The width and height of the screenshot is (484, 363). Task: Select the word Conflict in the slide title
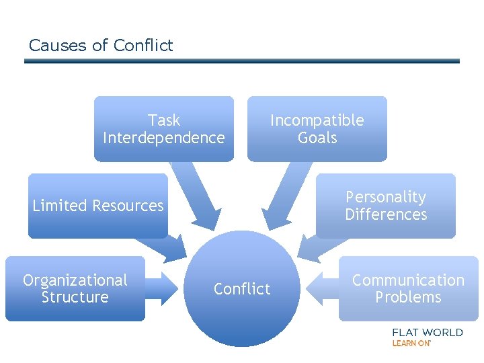(143, 46)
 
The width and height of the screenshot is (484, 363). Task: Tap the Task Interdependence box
(163, 128)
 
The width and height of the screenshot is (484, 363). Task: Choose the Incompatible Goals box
(317, 128)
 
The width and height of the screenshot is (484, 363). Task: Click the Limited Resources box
(97, 206)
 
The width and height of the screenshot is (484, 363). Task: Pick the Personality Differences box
(386, 206)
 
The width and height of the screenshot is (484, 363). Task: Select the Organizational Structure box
(75, 288)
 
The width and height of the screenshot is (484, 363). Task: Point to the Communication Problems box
(408, 288)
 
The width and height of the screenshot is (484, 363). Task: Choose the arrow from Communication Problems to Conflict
(321, 289)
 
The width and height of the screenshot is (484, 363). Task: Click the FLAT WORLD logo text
(427, 332)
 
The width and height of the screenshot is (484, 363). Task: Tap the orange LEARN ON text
(411, 343)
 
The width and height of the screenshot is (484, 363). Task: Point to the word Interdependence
(163, 138)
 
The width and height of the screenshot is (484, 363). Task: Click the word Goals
(317, 138)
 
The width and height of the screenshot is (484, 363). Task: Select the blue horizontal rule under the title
(242, 61)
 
